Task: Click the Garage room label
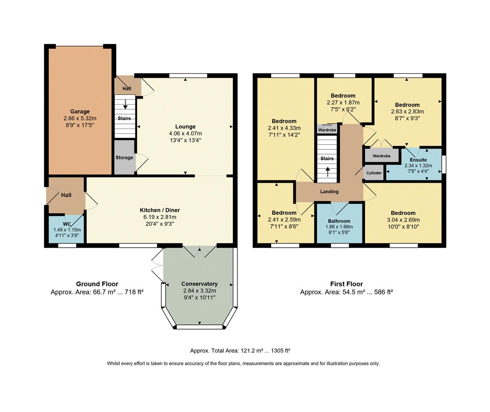point(80,112)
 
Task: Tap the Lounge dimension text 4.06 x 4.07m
point(185,134)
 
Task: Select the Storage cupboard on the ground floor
point(125,158)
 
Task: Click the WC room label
point(67,224)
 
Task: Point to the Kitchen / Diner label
point(160,210)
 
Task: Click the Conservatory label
point(199,284)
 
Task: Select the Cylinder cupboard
point(374,173)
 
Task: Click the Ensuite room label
point(418,160)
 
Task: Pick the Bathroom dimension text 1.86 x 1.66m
point(339,227)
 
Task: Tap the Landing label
point(329,192)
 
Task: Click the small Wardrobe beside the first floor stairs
point(327,130)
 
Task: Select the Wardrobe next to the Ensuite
point(382,156)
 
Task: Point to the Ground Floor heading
point(97,284)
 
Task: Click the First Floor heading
point(346,284)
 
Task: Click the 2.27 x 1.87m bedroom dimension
point(343,103)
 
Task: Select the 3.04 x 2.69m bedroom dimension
point(403,220)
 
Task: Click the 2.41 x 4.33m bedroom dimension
point(284,128)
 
